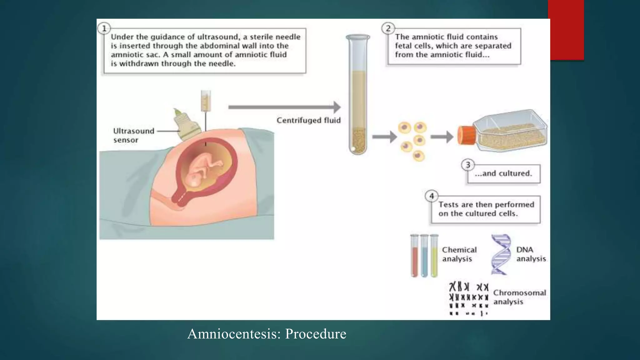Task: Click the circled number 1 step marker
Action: [104, 29]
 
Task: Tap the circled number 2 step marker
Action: [388, 29]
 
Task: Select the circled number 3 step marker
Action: [468, 165]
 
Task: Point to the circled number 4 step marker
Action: [432, 196]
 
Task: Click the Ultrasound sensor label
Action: [133, 135]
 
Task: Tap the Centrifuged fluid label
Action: [308, 120]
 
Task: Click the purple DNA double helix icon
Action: [501, 254]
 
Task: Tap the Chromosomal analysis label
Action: [519, 297]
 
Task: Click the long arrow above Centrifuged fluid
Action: [284, 107]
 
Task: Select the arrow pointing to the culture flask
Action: [442, 137]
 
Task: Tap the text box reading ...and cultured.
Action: [503, 174]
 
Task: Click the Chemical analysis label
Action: [459, 254]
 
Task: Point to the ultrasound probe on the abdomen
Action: [188, 125]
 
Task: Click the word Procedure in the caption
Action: [316, 334]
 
